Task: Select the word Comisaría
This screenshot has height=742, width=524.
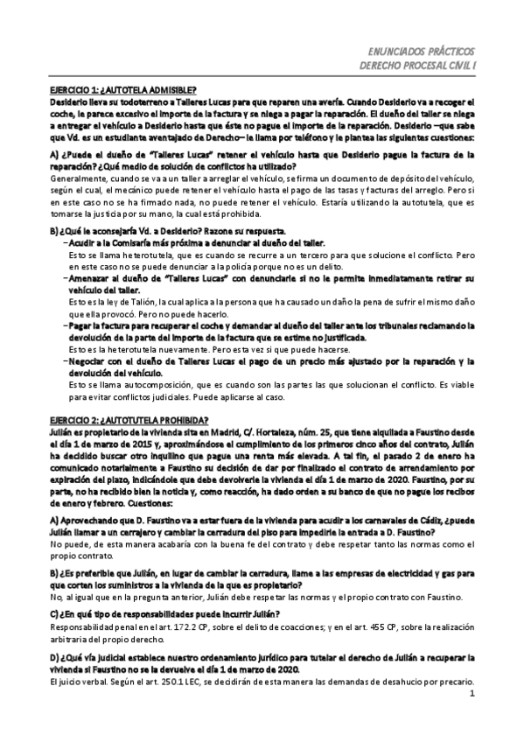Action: pyautogui.click(x=127, y=242)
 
